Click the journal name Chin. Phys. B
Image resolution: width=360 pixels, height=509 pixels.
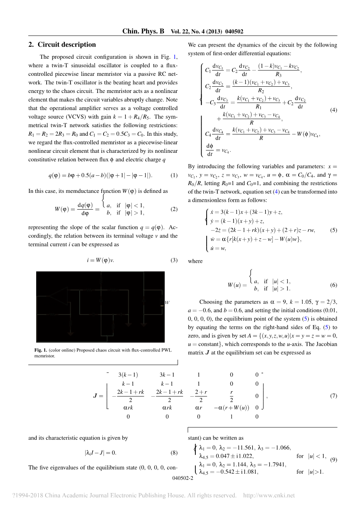tap(143, 31)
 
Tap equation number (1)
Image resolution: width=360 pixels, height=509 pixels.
tap(174, 175)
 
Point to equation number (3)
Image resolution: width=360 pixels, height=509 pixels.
tap(174, 261)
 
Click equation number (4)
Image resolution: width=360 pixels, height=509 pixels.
tap(334, 110)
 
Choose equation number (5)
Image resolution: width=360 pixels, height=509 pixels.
tap(334, 230)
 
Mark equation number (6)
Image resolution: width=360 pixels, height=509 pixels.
tap(334, 285)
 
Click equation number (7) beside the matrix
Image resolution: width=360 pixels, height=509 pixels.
tap(334, 396)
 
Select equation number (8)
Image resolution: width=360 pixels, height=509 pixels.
tap(174, 453)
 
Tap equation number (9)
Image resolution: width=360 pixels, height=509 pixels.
tap(334, 460)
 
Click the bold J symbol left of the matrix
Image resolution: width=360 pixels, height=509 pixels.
tap(95, 396)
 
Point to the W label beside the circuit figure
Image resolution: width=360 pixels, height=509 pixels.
tap(167, 303)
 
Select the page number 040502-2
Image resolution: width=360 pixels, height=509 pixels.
tap(183, 479)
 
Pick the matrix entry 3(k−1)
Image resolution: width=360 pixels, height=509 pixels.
tap(128, 375)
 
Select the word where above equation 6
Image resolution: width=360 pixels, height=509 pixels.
tap(195, 261)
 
